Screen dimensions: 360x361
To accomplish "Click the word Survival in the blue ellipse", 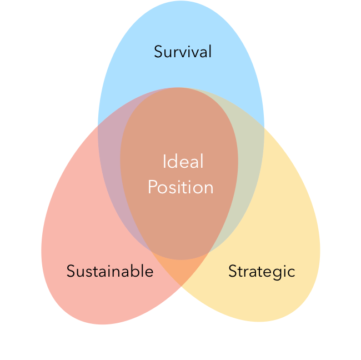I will pyautogui.click(x=183, y=52).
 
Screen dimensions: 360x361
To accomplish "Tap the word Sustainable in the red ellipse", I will pyautogui.click(x=109, y=271).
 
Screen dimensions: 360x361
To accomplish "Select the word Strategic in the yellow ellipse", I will pyautogui.click(x=262, y=271).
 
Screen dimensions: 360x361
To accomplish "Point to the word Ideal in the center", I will pyautogui.click(x=183, y=162).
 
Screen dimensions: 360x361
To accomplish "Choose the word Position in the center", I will pyautogui.click(x=180, y=187).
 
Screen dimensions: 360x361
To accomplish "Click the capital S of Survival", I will pyautogui.click(x=158, y=52).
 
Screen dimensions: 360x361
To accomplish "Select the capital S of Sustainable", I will pyautogui.click(x=71, y=272).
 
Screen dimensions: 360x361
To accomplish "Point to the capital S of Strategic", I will pyautogui.click(x=233, y=272).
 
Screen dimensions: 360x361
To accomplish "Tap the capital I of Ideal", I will pyautogui.click(x=164, y=162).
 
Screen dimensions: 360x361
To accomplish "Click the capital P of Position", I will pyautogui.click(x=152, y=187).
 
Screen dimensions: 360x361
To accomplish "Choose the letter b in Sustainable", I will pyautogui.click(x=134, y=271).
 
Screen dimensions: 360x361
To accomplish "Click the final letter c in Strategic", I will pyautogui.click(x=292, y=272).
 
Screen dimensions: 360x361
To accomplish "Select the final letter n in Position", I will pyautogui.click(x=209, y=188).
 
